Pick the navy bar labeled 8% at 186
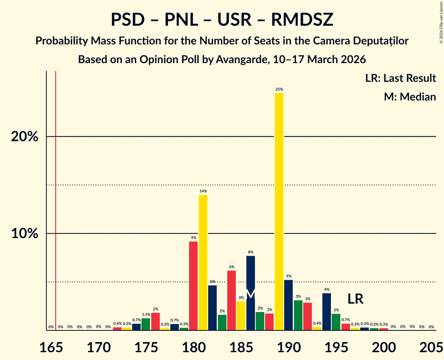tap(251, 293)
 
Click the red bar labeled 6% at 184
tap(232, 300)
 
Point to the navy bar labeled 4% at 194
tap(327, 311)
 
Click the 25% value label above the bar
tap(279, 90)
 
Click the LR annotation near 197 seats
tap(356, 299)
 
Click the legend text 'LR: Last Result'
tap(400, 78)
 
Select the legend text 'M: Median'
tap(410, 97)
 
